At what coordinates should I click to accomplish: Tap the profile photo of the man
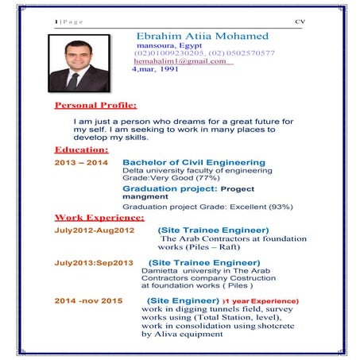click(x=77, y=66)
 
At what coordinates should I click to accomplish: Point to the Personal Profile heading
click(x=95, y=105)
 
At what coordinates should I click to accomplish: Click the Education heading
click(x=80, y=149)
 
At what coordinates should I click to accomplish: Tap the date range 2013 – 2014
click(x=80, y=163)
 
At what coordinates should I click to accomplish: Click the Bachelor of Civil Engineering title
click(x=194, y=163)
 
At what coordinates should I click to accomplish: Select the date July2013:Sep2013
click(x=95, y=262)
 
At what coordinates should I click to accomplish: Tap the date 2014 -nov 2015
click(x=88, y=301)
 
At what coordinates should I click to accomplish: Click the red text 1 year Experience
click(x=262, y=302)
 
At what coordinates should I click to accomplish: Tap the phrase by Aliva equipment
click(x=181, y=335)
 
